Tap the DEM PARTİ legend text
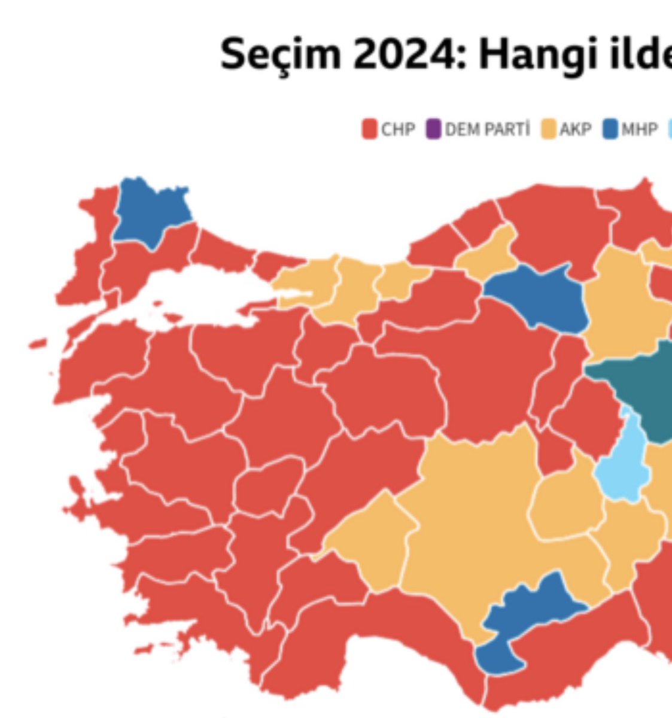tap(487, 129)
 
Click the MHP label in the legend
tap(639, 129)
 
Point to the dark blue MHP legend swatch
tap(610, 129)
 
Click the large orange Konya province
tap(473, 527)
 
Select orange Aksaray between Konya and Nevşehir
tap(565, 503)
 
